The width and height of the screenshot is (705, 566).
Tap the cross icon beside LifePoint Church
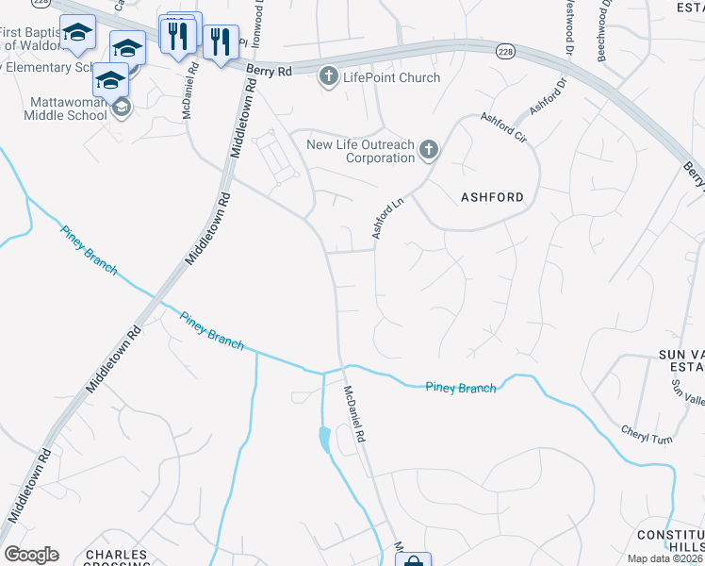(x=329, y=76)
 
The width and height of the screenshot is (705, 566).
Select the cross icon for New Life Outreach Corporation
(x=429, y=149)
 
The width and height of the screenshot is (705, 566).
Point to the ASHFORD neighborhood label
(x=492, y=197)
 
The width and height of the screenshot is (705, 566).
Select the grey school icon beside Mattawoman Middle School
(x=122, y=109)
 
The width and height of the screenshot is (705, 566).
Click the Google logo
(x=31, y=555)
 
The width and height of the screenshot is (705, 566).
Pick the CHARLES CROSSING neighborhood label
(x=116, y=558)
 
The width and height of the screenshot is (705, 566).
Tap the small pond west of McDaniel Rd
(x=325, y=439)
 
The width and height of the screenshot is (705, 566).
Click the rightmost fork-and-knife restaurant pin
(x=221, y=42)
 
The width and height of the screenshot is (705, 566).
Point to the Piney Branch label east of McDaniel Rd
(x=460, y=387)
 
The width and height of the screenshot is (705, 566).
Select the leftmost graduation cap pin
(x=77, y=33)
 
